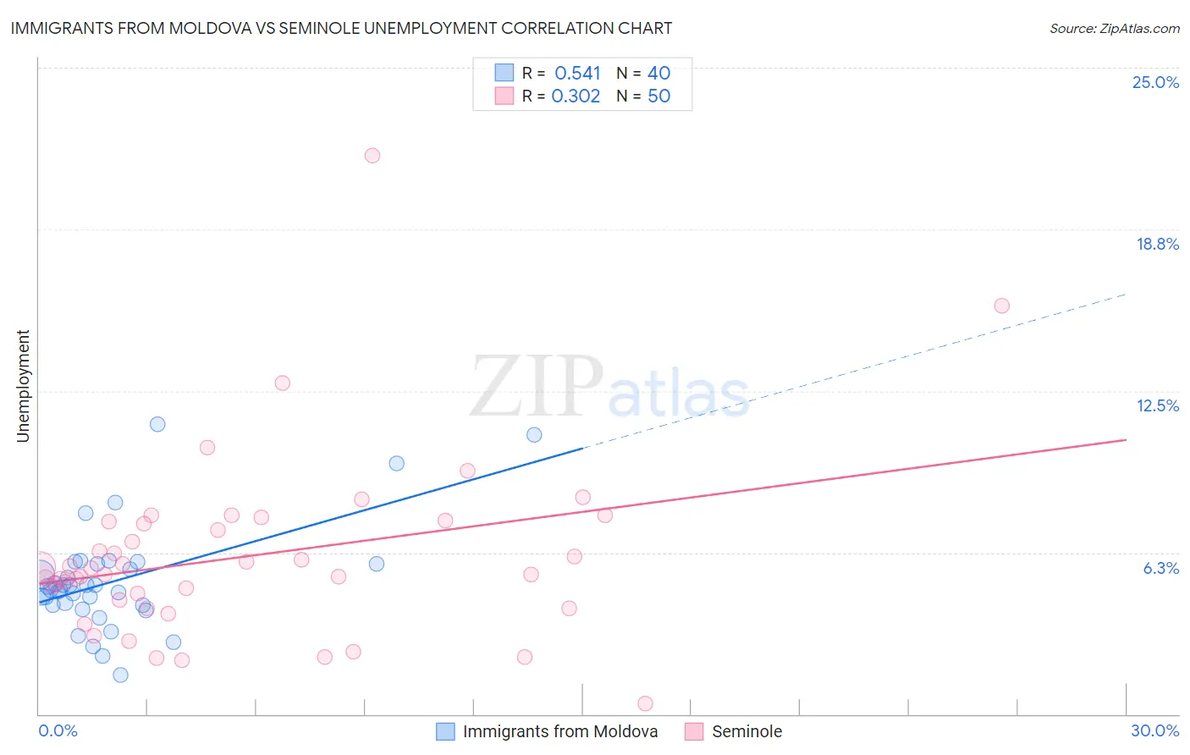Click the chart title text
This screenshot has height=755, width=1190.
pyautogui.click(x=341, y=28)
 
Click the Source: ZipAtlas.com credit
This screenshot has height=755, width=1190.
pyautogui.click(x=1114, y=28)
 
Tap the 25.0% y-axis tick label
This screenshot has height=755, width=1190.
pyautogui.click(x=1155, y=82)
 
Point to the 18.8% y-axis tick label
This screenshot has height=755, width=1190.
pyautogui.click(x=1157, y=244)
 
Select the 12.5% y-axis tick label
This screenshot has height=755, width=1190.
pyautogui.click(x=1157, y=405)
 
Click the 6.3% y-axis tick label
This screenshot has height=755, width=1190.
pyautogui.click(x=1160, y=568)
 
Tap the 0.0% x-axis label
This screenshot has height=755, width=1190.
pyautogui.click(x=58, y=730)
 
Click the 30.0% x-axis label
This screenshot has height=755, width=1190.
pyautogui.click(x=1154, y=730)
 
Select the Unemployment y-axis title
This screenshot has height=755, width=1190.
pyautogui.click(x=23, y=386)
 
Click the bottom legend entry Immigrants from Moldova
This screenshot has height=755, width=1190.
pyautogui.click(x=559, y=731)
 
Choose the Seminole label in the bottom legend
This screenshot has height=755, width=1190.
pyautogui.click(x=747, y=731)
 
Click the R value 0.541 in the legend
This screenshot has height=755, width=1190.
pyautogui.click(x=577, y=74)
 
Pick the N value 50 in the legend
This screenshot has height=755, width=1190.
pyautogui.click(x=658, y=96)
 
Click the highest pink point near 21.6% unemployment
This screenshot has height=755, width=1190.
pyautogui.click(x=372, y=156)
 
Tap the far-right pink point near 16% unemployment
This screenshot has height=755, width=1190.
pyautogui.click(x=1002, y=306)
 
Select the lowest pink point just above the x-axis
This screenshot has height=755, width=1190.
pyautogui.click(x=645, y=703)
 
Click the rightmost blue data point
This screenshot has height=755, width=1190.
pyautogui.click(x=534, y=435)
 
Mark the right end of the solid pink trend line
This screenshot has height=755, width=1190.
pyautogui.click(x=1126, y=439)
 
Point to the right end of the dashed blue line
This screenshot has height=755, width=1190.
pyautogui.click(x=1126, y=294)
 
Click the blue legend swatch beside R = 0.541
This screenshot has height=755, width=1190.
pyautogui.click(x=504, y=73)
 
